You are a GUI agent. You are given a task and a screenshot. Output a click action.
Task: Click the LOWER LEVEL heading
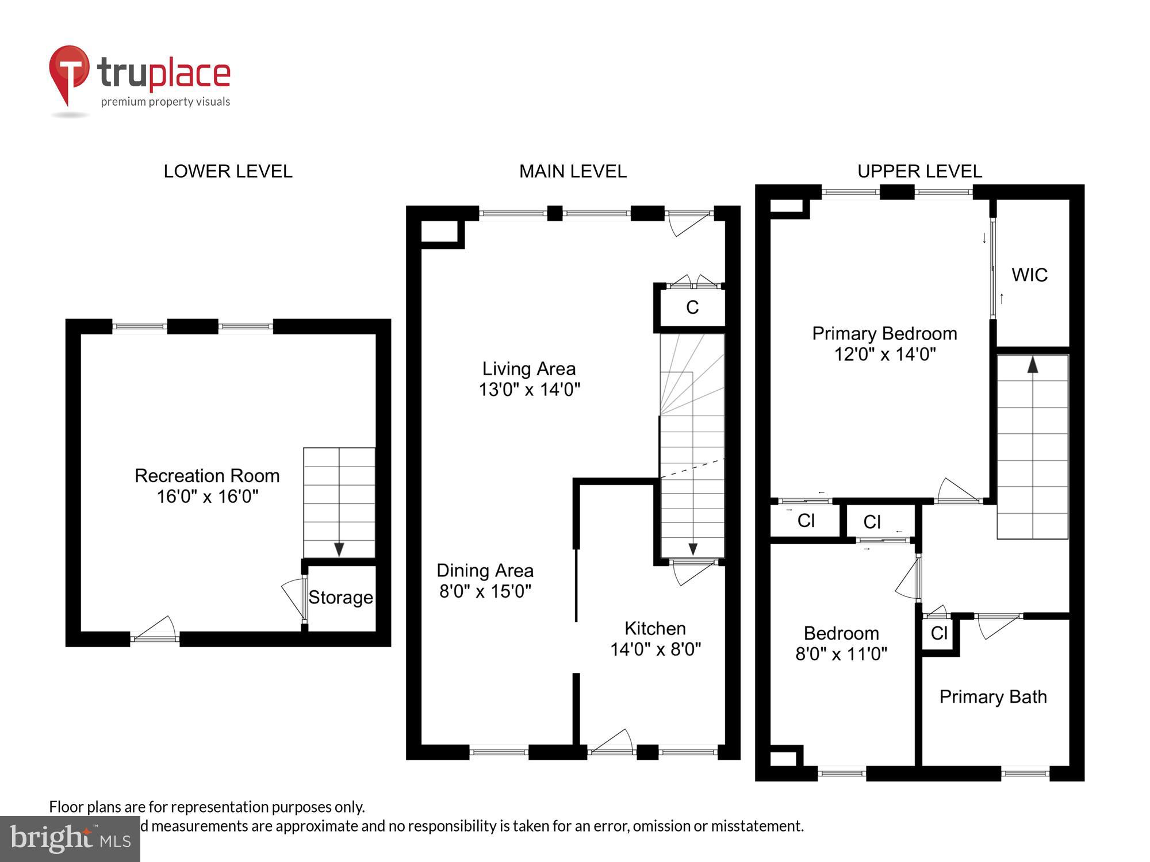click(228, 171)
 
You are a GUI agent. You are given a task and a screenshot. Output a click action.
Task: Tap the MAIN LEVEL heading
click(573, 171)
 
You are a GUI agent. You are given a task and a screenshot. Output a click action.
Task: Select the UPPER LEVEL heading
click(919, 171)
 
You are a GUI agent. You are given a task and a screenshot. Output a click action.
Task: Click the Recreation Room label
click(207, 476)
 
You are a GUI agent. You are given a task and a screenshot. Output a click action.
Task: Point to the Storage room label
click(340, 598)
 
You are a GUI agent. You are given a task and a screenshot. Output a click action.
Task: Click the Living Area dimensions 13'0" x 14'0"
click(530, 390)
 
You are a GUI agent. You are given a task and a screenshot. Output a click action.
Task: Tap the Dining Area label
click(485, 571)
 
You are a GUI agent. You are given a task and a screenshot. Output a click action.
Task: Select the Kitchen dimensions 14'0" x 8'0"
click(655, 649)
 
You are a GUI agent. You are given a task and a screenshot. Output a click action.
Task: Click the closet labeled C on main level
click(692, 307)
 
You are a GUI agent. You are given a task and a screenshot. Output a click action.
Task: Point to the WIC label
click(1029, 275)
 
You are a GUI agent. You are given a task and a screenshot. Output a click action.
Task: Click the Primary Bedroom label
click(884, 333)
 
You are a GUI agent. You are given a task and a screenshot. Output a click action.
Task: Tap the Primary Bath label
click(992, 696)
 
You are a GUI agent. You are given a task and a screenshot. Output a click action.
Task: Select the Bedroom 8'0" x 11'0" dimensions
click(841, 654)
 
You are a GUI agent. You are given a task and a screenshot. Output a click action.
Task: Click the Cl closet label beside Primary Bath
click(938, 633)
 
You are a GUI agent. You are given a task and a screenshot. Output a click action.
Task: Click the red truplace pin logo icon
click(69, 72)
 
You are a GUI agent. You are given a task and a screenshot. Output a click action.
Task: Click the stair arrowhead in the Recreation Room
click(339, 549)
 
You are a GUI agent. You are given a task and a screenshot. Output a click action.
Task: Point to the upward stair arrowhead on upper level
click(1033, 364)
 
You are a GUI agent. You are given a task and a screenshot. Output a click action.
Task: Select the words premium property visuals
click(166, 102)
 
